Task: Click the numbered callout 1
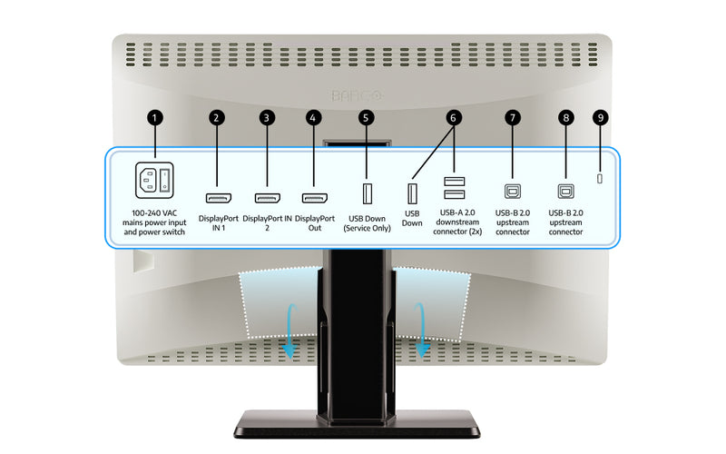coord(156,118)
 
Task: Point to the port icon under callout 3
coord(266,197)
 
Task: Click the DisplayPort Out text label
coord(315,223)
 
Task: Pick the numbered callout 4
coord(314,118)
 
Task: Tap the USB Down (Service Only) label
coord(366,223)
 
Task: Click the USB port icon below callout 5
coord(366,194)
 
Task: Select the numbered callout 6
coord(454,118)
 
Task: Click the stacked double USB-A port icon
coord(454,187)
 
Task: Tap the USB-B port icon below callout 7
coord(513,192)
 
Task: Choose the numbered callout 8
coord(567,118)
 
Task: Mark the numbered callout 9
coord(599,118)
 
